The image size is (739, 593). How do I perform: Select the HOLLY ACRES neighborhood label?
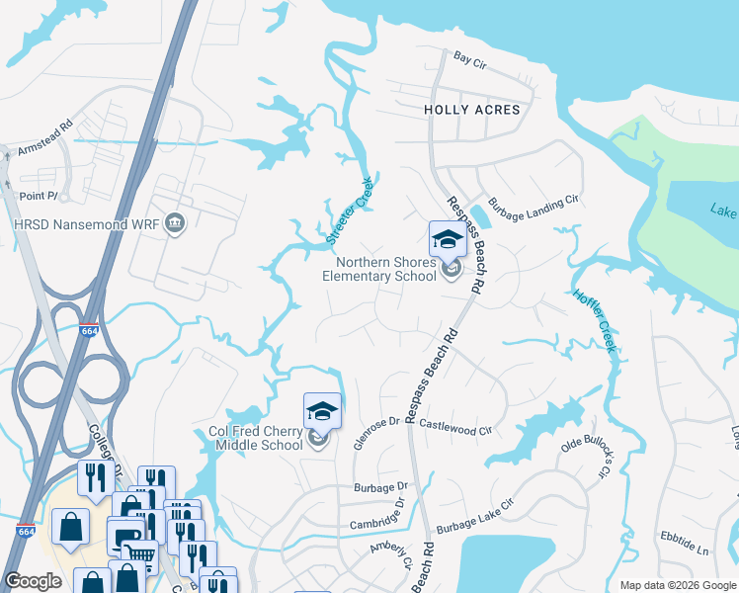pyautogui.click(x=471, y=110)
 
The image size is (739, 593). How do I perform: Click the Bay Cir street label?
pyautogui.click(x=470, y=60)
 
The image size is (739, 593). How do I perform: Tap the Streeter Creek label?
pyautogui.click(x=350, y=211)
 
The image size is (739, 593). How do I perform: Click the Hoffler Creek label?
pyautogui.click(x=595, y=321)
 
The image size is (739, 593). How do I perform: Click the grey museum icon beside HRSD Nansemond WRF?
pyautogui.click(x=176, y=223)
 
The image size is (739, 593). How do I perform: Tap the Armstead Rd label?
pyautogui.click(x=45, y=140)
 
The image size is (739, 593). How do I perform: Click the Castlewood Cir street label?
pyautogui.click(x=455, y=427)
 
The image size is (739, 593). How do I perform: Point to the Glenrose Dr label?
pyautogui.click(x=374, y=434)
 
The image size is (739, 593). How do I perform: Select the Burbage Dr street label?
pyautogui.click(x=380, y=487)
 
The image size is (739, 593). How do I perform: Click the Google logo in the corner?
pyautogui.click(x=33, y=581)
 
